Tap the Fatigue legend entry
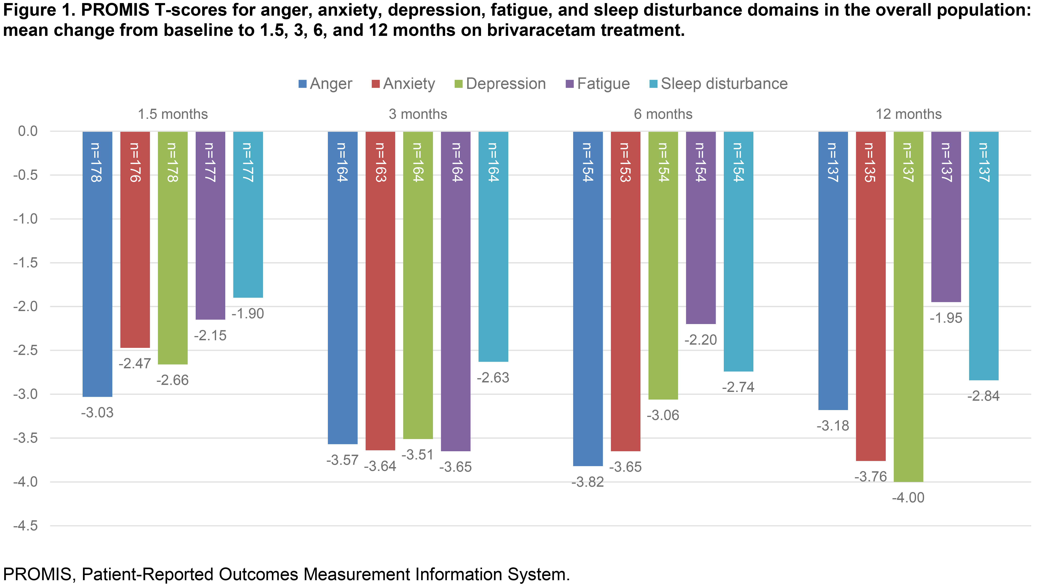pos(598,84)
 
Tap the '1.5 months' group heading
pos(173,114)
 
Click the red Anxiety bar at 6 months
pos(626,291)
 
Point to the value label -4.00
pos(908,498)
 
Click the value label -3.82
pos(588,482)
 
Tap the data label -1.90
pos(248,314)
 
